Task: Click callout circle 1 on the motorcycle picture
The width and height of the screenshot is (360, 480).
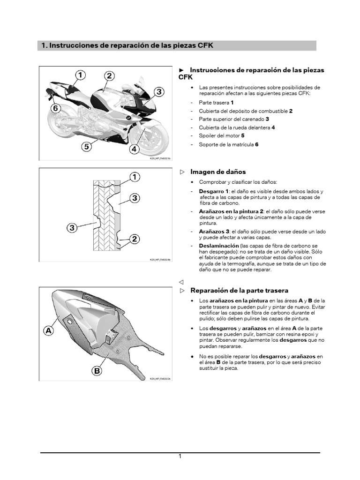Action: [x=80, y=75]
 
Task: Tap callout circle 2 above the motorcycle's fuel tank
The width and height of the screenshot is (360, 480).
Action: [x=109, y=76]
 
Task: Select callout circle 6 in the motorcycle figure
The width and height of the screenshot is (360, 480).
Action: [x=55, y=108]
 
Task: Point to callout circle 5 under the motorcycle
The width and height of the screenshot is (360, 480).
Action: [x=86, y=147]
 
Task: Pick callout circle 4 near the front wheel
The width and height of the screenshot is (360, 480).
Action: [x=135, y=150]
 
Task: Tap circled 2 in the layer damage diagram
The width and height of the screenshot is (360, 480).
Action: [x=134, y=239]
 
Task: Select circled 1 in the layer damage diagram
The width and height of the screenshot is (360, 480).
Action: [x=134, y=177]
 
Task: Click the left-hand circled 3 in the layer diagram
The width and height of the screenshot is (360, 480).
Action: [x=72, y=228]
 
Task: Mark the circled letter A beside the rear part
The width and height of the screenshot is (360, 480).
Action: [x=49, y=330]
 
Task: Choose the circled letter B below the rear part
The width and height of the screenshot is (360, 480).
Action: [x=97, y=371]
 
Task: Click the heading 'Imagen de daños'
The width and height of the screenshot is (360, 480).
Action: [x=217, y=172]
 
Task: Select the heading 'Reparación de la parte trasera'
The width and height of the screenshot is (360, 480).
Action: [x=239, y=291]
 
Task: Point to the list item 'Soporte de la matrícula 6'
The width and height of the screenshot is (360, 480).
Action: [x=228, y=144]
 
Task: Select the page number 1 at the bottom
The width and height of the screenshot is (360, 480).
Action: [x=180, y=457]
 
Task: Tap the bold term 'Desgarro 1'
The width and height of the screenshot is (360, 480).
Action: [x=214, y=192]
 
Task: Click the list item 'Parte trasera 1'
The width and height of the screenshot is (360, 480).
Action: [x=216, y=102]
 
